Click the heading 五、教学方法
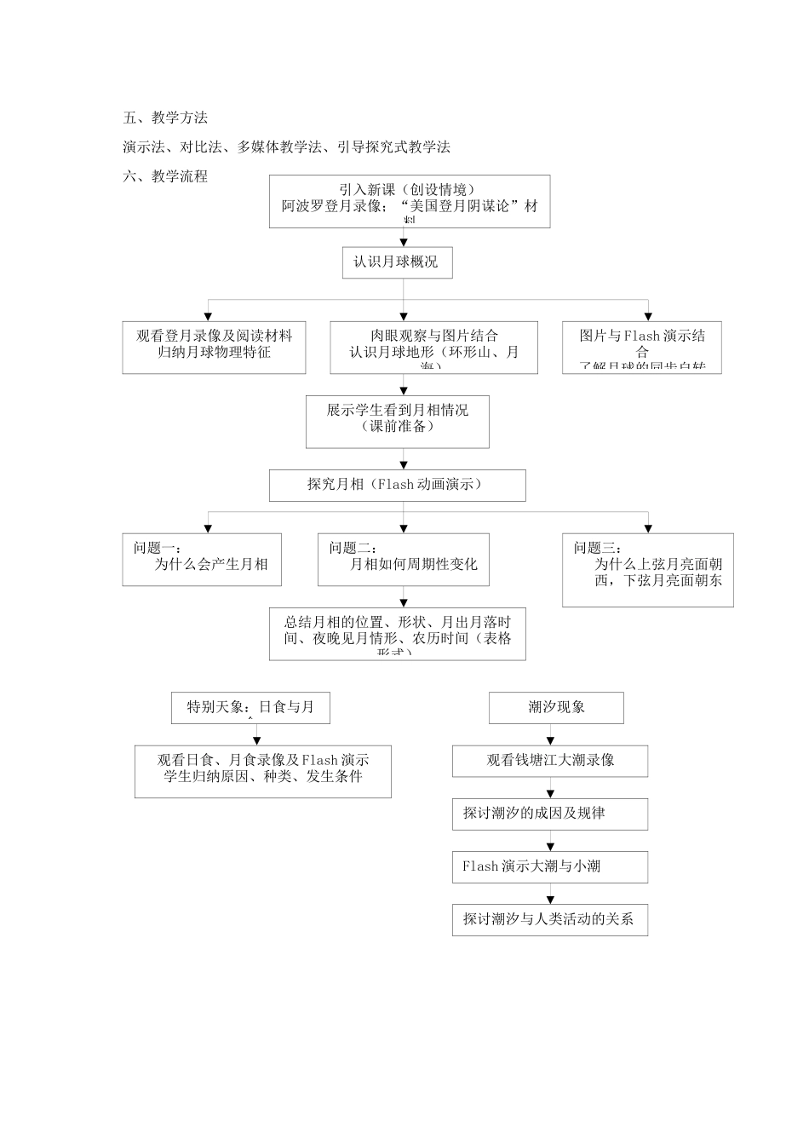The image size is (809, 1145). (165, 118)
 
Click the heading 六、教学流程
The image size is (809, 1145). (165, 176)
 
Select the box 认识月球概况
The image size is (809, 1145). (396, 262)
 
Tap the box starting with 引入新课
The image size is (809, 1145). (410, 201)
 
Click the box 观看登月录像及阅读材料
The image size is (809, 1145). (214, 347)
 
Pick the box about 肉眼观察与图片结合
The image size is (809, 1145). (433, 347)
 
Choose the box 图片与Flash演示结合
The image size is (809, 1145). (642, 347)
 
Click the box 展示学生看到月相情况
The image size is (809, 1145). (397, 421)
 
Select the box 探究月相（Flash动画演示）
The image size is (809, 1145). (397, 486)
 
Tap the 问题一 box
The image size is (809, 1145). (202, 559)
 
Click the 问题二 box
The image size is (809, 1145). (403, 559)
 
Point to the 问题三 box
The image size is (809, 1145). (647, 569)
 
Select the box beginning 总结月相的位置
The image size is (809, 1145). (397, 634)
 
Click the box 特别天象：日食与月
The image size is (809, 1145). (250, 707)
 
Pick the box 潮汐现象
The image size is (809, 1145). (556, 707)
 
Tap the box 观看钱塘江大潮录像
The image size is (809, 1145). (549, 761)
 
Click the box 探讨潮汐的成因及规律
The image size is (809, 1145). (549, 814)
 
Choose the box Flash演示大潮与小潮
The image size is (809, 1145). (549, 866)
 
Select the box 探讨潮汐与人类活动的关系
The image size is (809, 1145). (549, 919)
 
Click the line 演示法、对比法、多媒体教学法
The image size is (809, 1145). (286, 147)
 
